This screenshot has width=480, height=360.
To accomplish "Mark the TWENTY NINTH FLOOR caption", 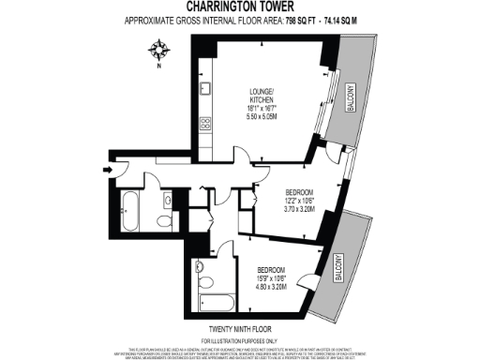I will (240, 329).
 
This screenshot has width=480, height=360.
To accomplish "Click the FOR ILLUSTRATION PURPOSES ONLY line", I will (240, 338).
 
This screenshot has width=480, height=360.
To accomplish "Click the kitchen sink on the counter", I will (205, 91).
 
